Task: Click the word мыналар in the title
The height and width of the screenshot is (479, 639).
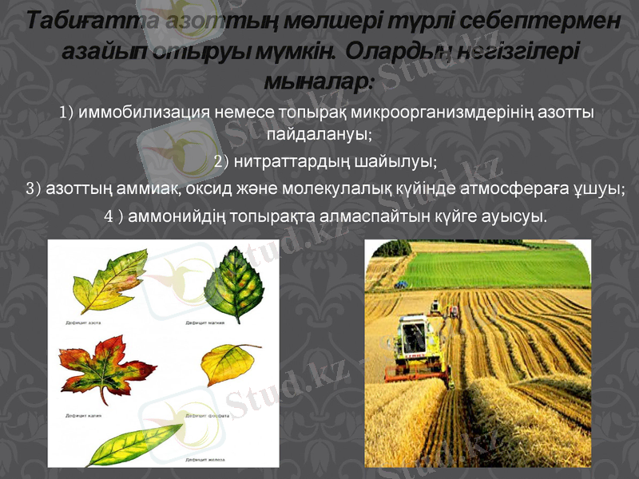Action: point(315,81)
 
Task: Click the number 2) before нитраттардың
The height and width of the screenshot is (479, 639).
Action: point(222,162)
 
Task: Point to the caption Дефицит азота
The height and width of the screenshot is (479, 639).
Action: point(83,323)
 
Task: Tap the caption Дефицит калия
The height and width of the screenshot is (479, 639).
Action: point(82,416)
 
